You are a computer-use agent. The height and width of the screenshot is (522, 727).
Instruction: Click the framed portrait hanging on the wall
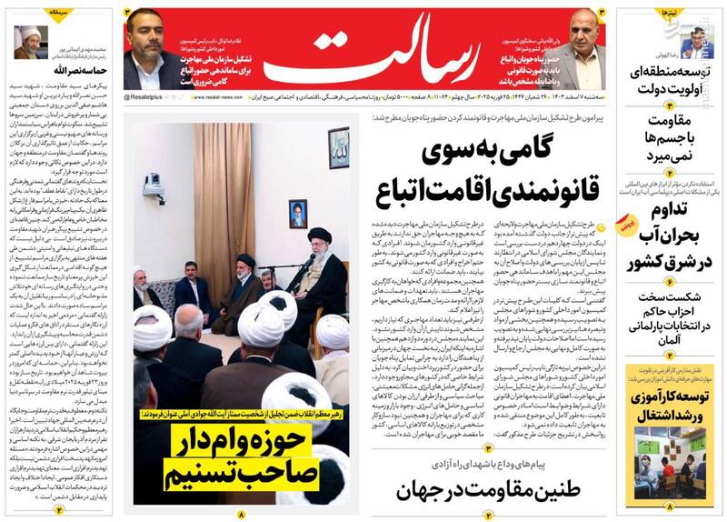click(298, 215)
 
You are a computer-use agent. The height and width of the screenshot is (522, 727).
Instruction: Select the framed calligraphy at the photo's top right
click(339, 147)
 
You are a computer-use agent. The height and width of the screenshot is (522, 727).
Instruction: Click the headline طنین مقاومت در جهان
click(487, 489)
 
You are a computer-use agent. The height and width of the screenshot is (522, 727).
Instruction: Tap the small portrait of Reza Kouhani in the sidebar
click(696, 43)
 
